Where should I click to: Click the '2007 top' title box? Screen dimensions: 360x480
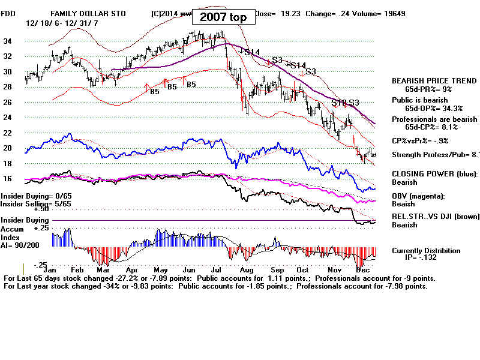(x=223, y=17)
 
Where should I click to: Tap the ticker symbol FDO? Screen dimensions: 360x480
(x=8, y=13)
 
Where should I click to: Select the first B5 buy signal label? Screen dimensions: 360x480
(x=154, y=92)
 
